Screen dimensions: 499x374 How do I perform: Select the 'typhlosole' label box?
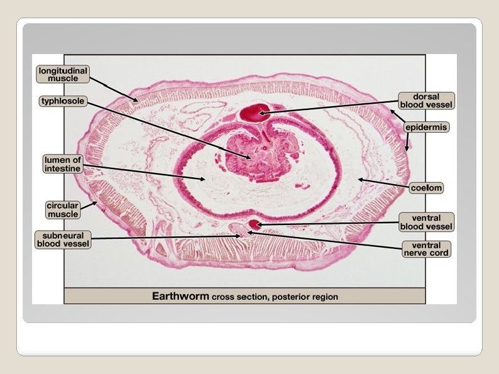[x=62, y=101]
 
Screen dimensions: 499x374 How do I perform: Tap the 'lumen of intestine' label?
[x=63, y=165]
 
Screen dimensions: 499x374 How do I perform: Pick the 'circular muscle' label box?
[x=63, y=209]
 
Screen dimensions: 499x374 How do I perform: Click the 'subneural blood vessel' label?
[x=63, y=239]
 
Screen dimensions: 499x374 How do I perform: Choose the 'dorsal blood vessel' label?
[x=426, y=101]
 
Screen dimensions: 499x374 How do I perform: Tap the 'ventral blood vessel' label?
[x=425, y=222]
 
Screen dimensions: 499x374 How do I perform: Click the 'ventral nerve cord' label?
[x=426, y=249]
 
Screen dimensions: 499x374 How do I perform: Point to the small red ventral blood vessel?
[x=254, y=224]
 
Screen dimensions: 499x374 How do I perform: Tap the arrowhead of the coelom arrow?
[x=359, y=180]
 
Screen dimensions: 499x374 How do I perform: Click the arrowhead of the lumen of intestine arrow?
[x=204, y=179]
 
